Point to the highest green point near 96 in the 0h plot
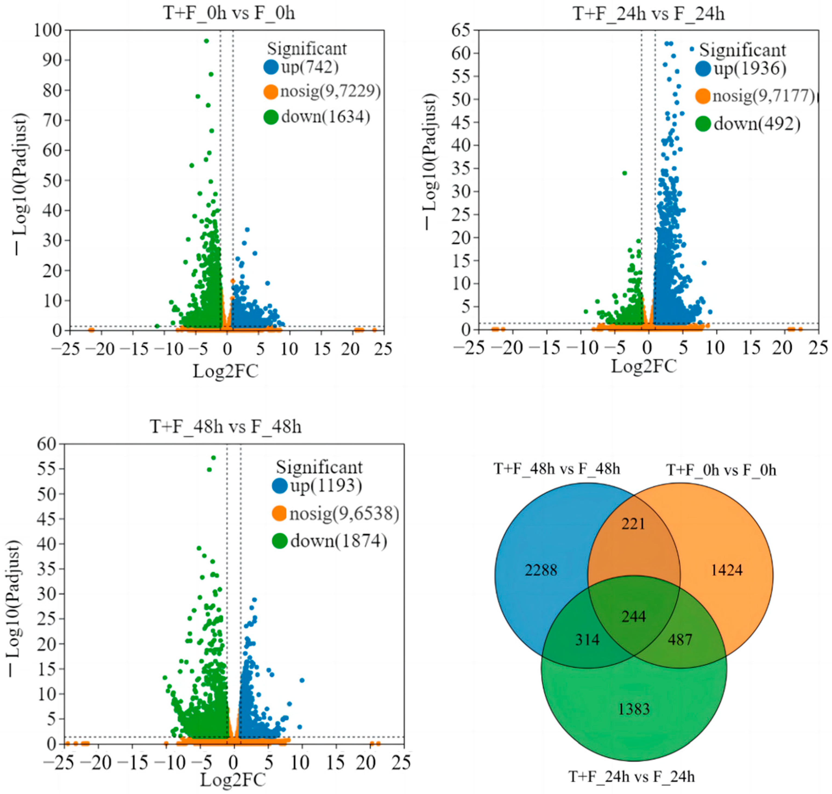pos(206,41)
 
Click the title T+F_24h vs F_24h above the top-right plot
pos(648,14)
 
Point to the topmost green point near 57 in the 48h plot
pos(213,458)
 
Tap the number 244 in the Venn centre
pos(634,617)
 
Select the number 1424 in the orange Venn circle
pos(727,570)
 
